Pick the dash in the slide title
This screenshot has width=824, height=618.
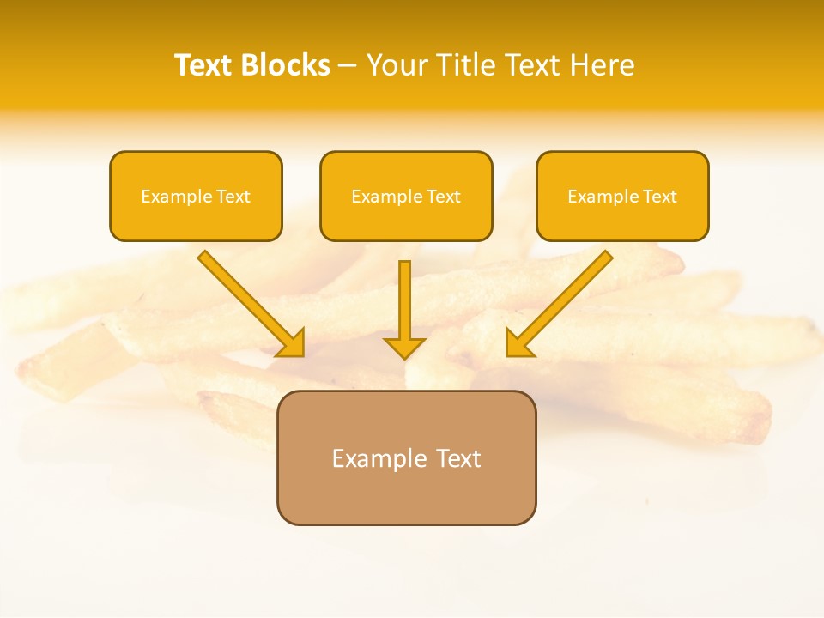(348, 66)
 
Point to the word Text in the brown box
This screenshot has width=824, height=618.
(457, 458)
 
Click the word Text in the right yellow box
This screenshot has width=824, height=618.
(659, 197)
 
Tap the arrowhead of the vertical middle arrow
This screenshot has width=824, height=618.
(404, 348)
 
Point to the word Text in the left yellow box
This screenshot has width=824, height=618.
(233, 197)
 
